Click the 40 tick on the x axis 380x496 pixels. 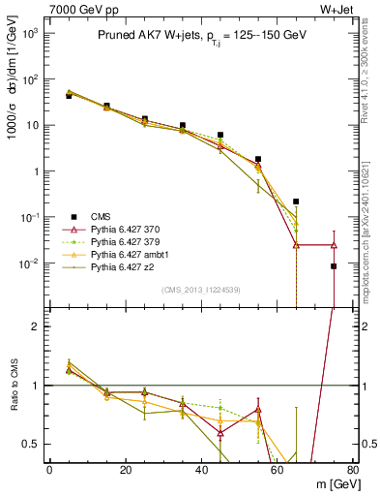201,471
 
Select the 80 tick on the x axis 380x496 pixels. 352,471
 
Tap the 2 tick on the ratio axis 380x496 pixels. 40,326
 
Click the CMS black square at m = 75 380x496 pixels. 334,265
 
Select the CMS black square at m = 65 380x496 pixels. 296,201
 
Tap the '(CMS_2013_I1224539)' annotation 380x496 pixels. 200,290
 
